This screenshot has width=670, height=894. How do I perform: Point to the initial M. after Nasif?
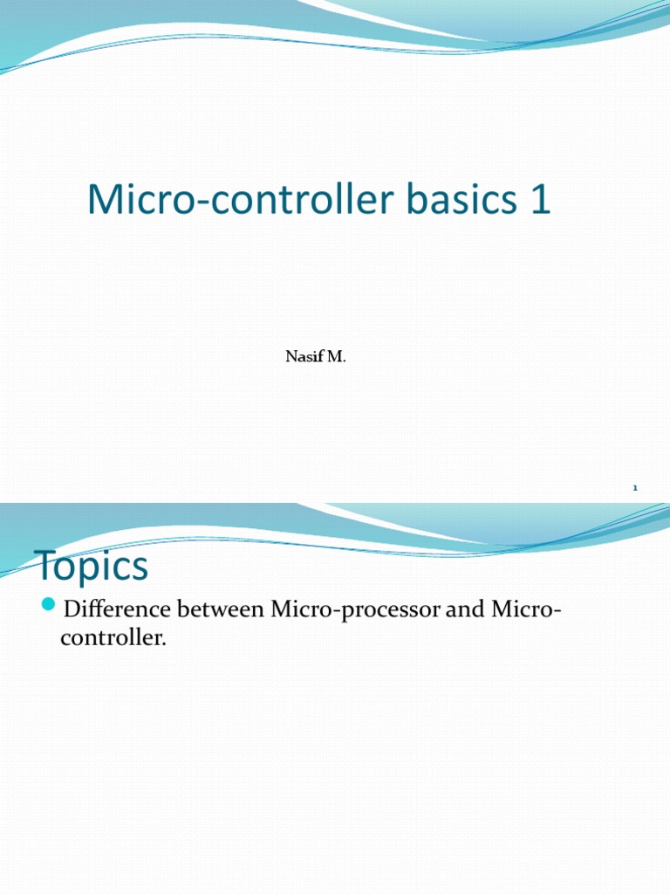(x=336, y=356)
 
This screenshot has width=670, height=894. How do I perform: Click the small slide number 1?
(x=636, y=487)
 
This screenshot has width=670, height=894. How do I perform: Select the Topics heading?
(x=92, y=567)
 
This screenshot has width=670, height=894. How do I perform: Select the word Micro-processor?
(x=355, y=609)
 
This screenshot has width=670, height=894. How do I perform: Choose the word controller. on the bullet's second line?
(x=113, y=638)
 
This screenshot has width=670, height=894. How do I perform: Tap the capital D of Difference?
(x=73, y=609)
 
